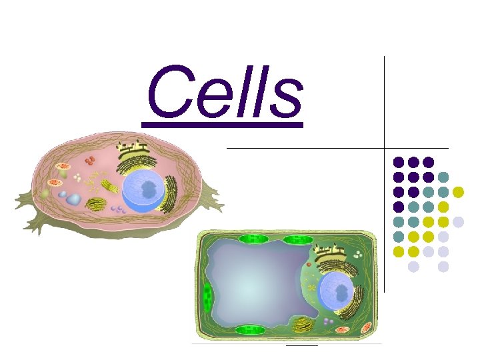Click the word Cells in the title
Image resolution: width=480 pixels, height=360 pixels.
(x=224, y=93)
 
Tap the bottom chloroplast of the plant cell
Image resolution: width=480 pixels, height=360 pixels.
(x=249, y=329)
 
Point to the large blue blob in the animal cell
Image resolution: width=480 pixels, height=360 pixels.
(x=73, y=199)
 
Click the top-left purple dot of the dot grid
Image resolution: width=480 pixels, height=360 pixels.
(x=398, y=162)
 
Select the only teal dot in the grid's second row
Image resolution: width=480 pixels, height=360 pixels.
(x=443, y=177)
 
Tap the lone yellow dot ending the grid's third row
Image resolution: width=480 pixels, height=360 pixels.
(x=458, y=192)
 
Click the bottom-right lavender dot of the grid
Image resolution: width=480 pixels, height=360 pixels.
(x=443, y=267)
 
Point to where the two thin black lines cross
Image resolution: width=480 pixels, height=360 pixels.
(x=385, y=147)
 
